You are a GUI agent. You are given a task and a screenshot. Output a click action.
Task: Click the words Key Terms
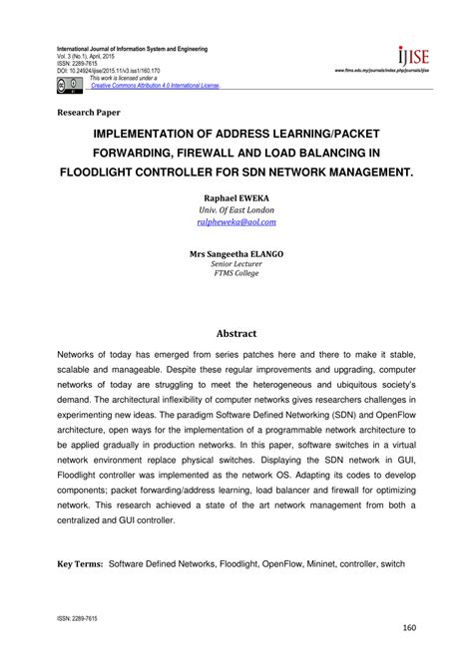pyautogui.click(x=80, y=592)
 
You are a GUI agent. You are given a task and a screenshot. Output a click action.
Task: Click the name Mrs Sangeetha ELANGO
pyautogui.click(x=237, y=254)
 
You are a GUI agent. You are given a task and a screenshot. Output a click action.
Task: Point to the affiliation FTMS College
pyautogui.click(x=237, y=279)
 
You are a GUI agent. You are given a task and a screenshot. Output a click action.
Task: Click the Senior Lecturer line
pyautogui.click(x=237, y=267)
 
